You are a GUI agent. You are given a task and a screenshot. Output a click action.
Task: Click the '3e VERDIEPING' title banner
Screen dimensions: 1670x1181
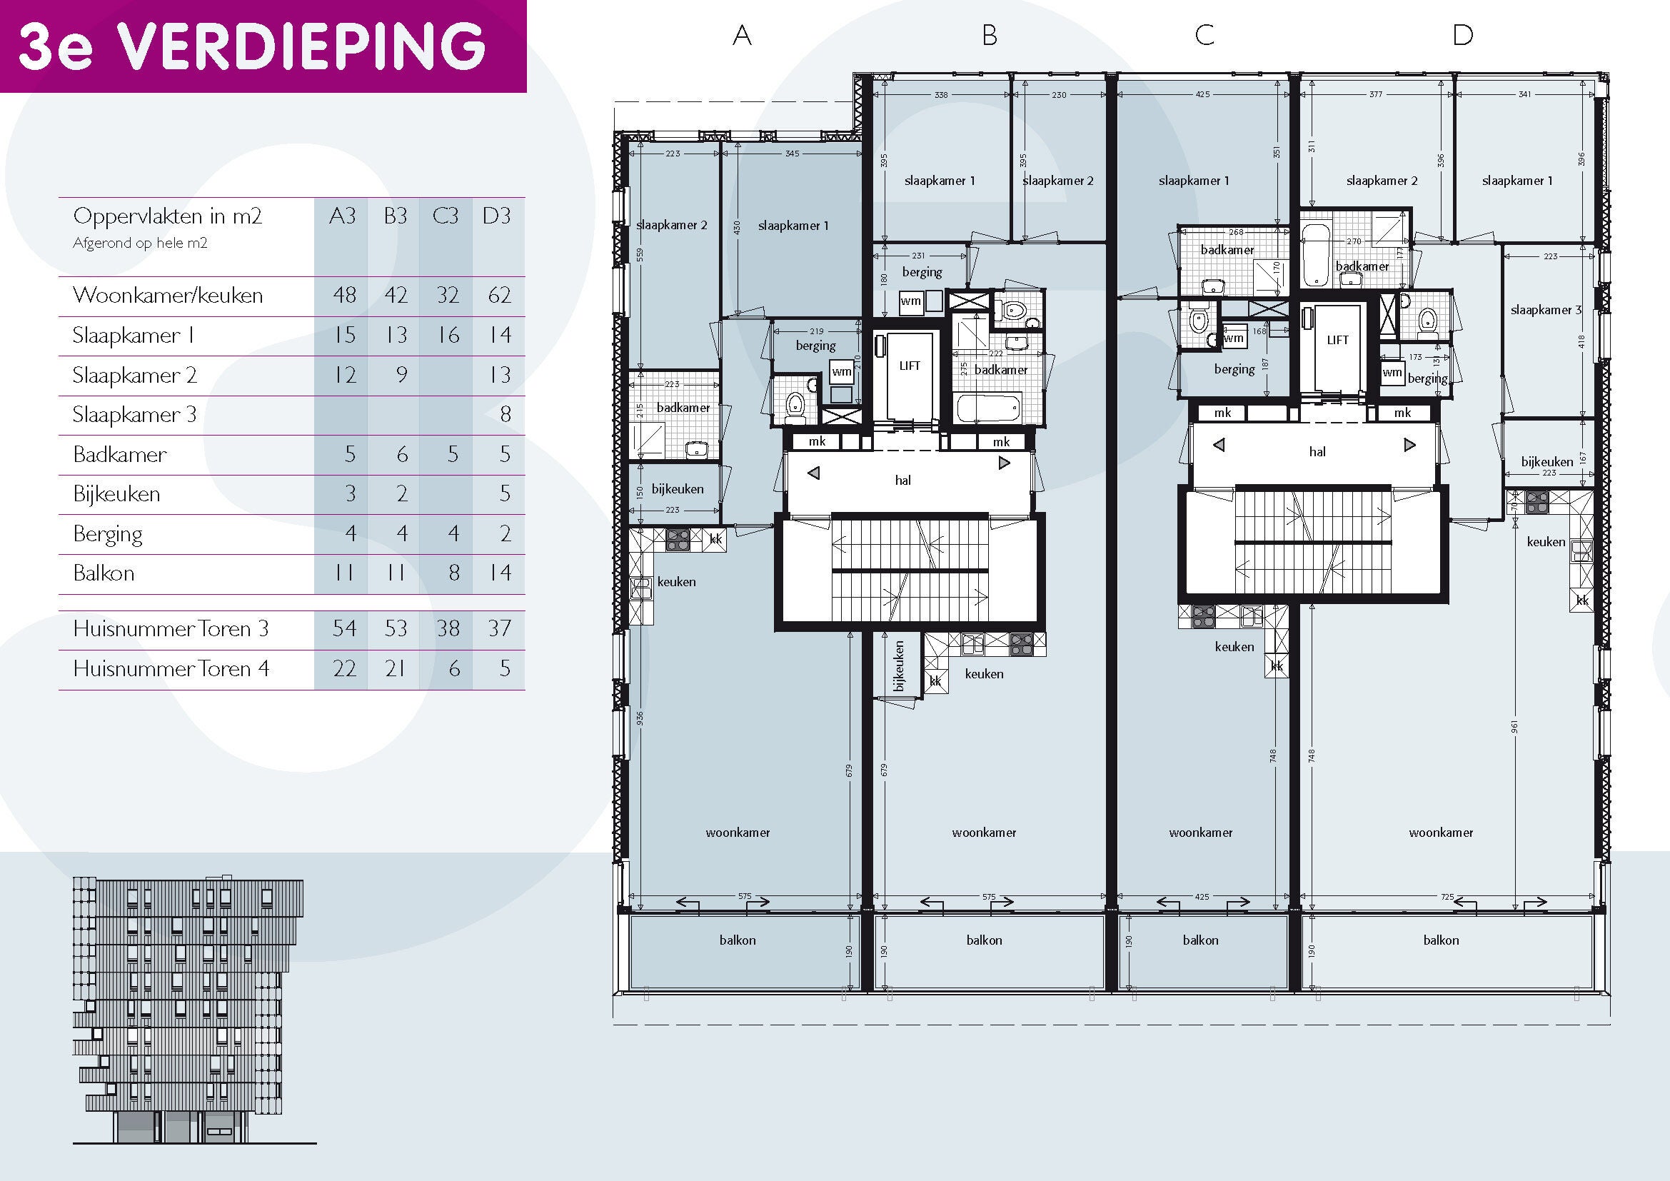click(x=263, y=46)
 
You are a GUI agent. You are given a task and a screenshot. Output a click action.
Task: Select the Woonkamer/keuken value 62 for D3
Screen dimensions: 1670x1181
click(x=499, y=296)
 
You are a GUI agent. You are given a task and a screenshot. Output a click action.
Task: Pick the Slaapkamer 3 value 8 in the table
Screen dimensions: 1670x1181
click(x=505, y=415)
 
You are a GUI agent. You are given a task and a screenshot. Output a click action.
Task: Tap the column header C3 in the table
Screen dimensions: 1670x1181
click(x=445, y=216)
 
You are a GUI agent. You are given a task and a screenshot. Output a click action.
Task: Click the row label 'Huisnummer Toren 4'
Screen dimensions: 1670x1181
click(x=171, y=668)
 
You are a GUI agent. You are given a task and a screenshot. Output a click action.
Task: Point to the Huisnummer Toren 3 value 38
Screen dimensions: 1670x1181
click(x=448, y=628)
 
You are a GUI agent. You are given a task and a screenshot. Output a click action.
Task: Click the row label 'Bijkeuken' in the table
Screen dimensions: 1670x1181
click(x=116, y=494)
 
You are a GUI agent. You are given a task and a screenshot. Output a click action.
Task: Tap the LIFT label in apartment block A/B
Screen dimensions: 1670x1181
click(x=909, y=366)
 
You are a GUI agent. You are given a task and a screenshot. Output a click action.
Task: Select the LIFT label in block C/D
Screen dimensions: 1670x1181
click(x=1337, y=340)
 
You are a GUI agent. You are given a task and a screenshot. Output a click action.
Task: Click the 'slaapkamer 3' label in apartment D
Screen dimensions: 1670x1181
click(x=1546, y=310)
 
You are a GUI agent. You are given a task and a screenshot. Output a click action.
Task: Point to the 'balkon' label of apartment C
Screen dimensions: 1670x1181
click(x=1200, y=940)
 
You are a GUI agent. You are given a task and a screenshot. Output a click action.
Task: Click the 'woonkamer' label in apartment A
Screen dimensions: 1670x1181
click(x=738, y=833)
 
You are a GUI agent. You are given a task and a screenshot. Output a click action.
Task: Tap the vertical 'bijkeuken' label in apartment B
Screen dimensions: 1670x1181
click(x=899, y=665)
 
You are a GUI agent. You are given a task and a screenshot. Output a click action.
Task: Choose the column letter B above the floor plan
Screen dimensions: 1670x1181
click(x=989, y=35)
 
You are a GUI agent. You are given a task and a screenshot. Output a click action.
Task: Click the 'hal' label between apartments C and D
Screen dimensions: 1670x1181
click(x=1317, y=451)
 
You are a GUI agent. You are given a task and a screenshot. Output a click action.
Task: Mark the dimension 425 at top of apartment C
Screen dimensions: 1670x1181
click(x=1202, y=94)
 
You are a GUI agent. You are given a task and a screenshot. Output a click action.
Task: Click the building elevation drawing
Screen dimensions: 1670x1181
click(x=188, y=1010)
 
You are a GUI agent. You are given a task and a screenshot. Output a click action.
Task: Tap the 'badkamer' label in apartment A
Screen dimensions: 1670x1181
click(x=683, y=407)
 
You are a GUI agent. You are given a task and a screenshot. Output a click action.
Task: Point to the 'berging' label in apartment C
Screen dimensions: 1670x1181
click(x=1234, y=369)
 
